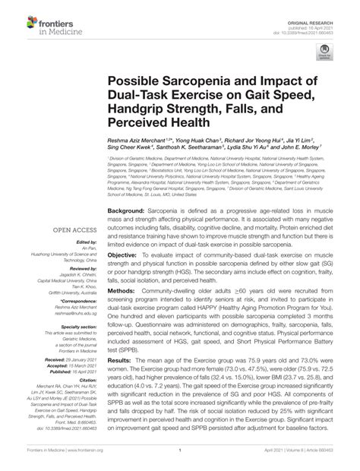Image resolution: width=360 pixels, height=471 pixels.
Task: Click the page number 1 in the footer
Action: [179, 461]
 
